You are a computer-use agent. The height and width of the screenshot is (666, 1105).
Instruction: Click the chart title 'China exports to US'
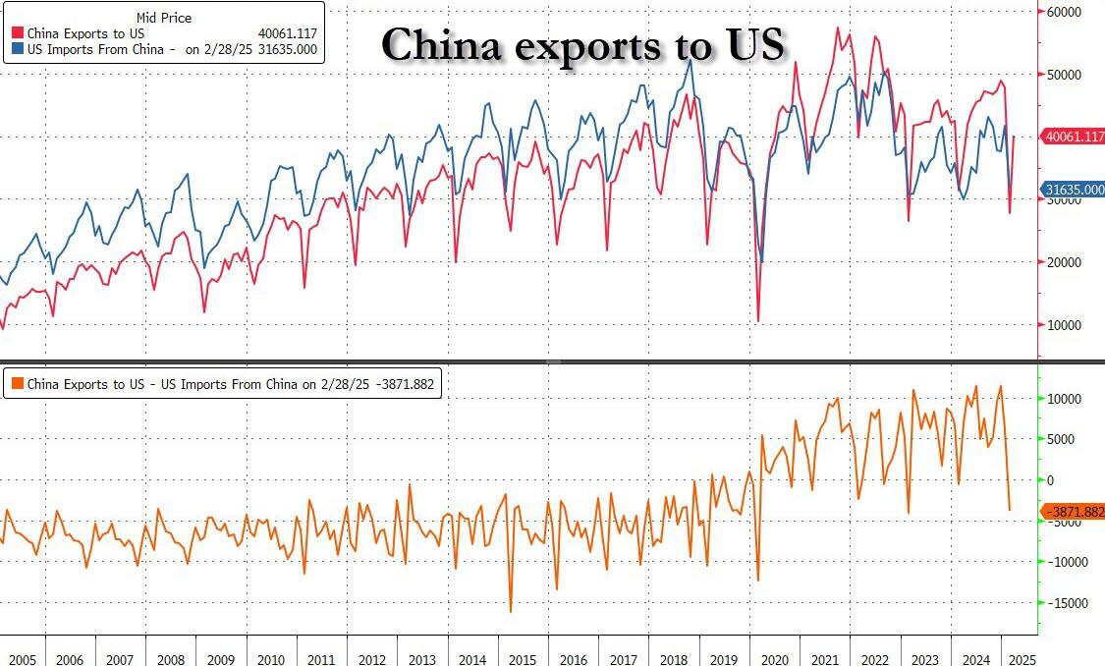tap(582, 45)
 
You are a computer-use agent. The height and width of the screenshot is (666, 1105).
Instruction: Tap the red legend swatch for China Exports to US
tap(18, 33)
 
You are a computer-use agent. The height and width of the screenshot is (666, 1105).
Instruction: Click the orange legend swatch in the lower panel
tap(18, 384)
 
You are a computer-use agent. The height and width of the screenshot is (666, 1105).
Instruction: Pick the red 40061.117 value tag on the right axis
tap(1075, 137)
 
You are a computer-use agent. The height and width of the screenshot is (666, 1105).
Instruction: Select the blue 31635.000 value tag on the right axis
tap(1075, 190)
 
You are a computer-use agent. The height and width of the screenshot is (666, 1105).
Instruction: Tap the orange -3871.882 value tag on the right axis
tap(1075, 512)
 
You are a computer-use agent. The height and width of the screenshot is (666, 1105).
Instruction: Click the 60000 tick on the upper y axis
tap(1065, 12)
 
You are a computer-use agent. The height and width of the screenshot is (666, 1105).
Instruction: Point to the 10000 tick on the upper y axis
tap(1065, 325)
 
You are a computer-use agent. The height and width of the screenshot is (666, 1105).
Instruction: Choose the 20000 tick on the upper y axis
tap(1065, 262)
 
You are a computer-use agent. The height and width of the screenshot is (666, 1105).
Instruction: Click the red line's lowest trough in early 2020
tap(757, 320)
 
